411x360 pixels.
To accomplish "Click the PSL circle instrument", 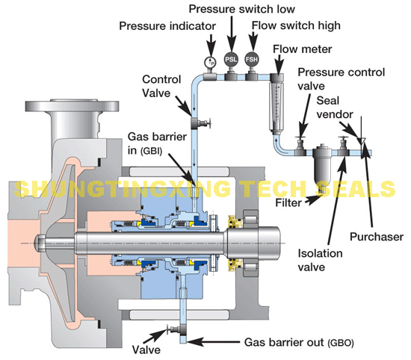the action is tap(231, 60).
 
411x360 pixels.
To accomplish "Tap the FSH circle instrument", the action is tap(251, 60).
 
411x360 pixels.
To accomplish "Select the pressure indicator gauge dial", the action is tap(210, 62).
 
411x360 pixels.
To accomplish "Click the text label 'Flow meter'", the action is tap(302, 49).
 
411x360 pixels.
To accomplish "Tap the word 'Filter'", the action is tap(288, 202).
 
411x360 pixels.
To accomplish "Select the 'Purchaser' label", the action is tap(377, 237).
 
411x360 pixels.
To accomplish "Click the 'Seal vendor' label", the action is tap(335, 108).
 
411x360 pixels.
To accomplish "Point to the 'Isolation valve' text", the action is tap(320, 260).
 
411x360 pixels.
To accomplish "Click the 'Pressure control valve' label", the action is tap(341, 79).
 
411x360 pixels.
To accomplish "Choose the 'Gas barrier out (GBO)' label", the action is tap(299, 342).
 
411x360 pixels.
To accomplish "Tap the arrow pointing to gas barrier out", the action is tap(214, 341).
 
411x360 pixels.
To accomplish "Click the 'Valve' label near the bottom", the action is tap(146, 350).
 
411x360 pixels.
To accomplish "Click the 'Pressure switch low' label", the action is tap(241, 9).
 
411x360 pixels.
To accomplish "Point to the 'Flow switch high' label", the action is tap(296, 25).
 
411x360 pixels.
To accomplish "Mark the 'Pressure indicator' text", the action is tap(167, 26).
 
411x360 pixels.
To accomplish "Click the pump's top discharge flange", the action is tap(72, 105).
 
